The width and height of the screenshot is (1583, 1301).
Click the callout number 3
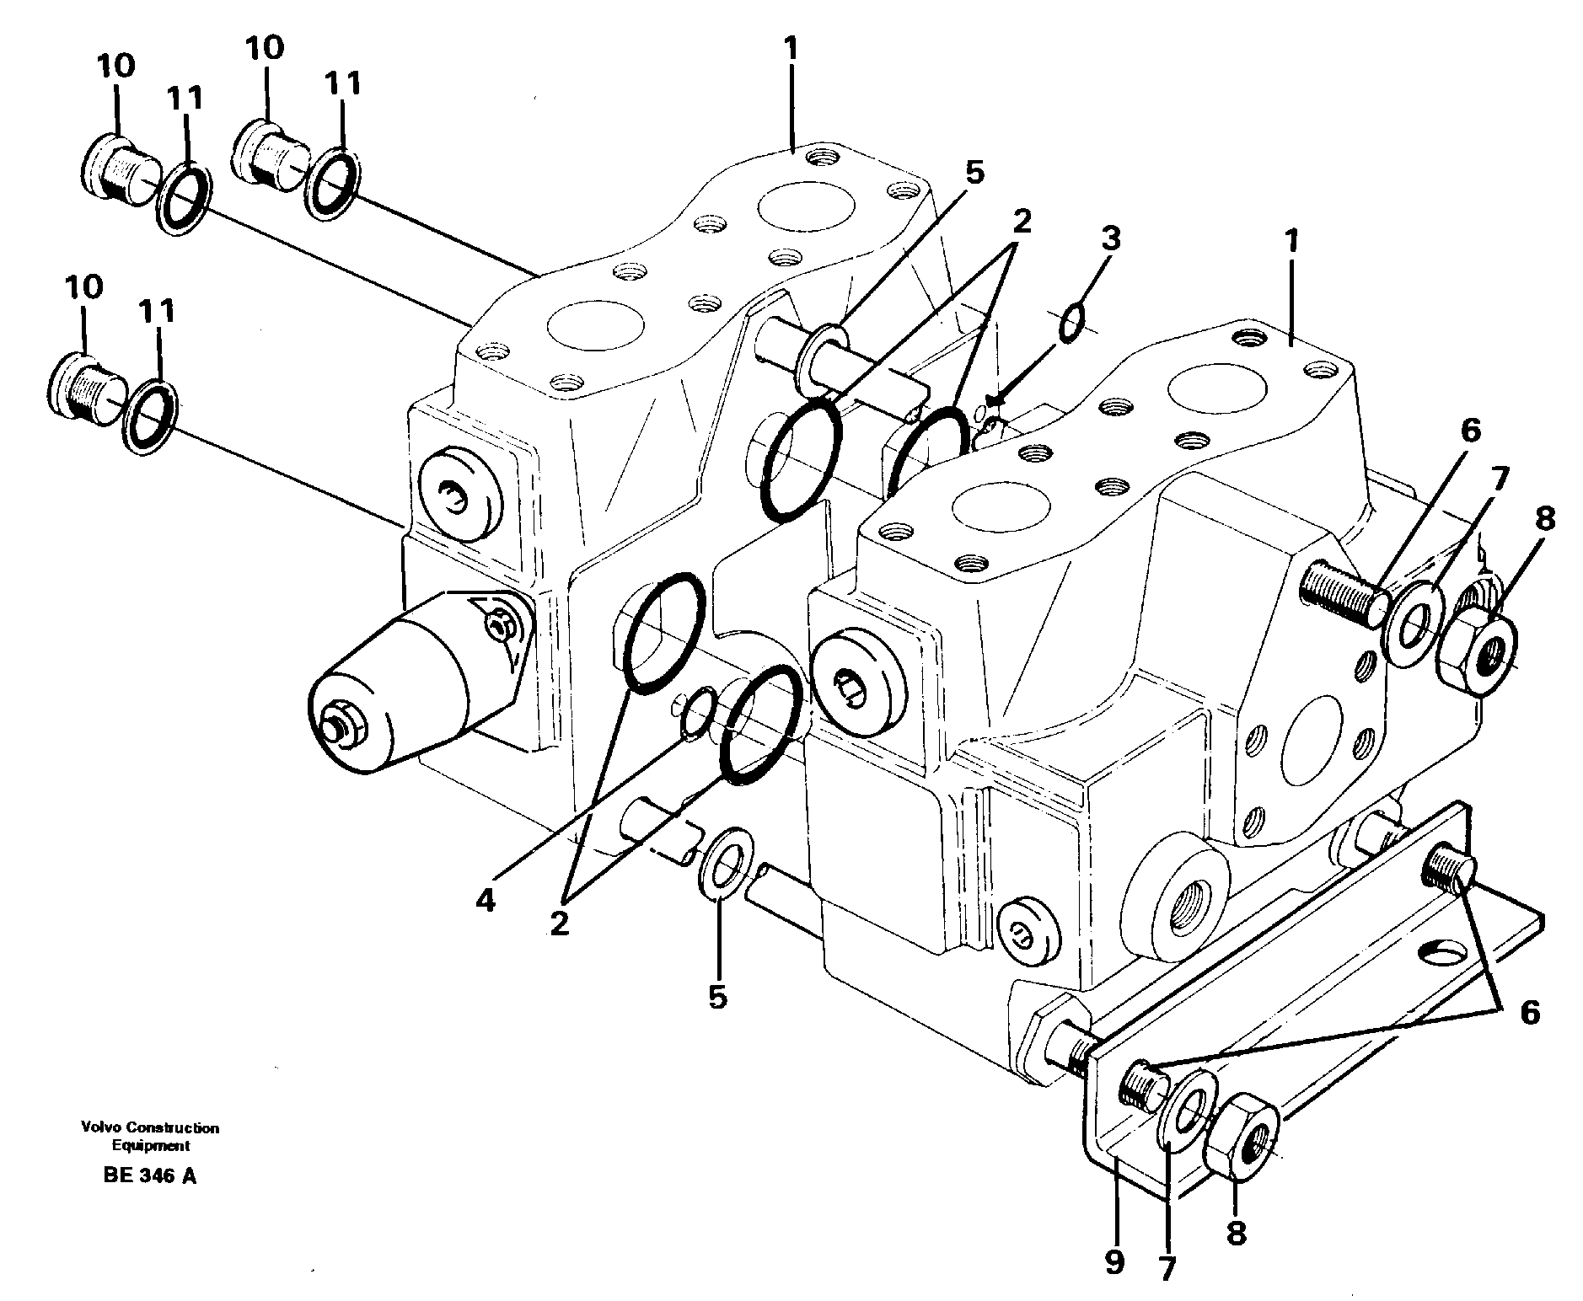coord(1110,240)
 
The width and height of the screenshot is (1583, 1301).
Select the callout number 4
coord(485,900)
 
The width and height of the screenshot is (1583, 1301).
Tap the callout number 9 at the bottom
coord(1114,1262)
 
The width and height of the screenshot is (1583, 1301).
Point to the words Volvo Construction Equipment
coord(150,1136)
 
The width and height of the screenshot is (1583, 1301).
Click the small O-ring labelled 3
coord(1071,324)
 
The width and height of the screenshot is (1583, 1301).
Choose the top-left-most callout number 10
coord(115,66)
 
